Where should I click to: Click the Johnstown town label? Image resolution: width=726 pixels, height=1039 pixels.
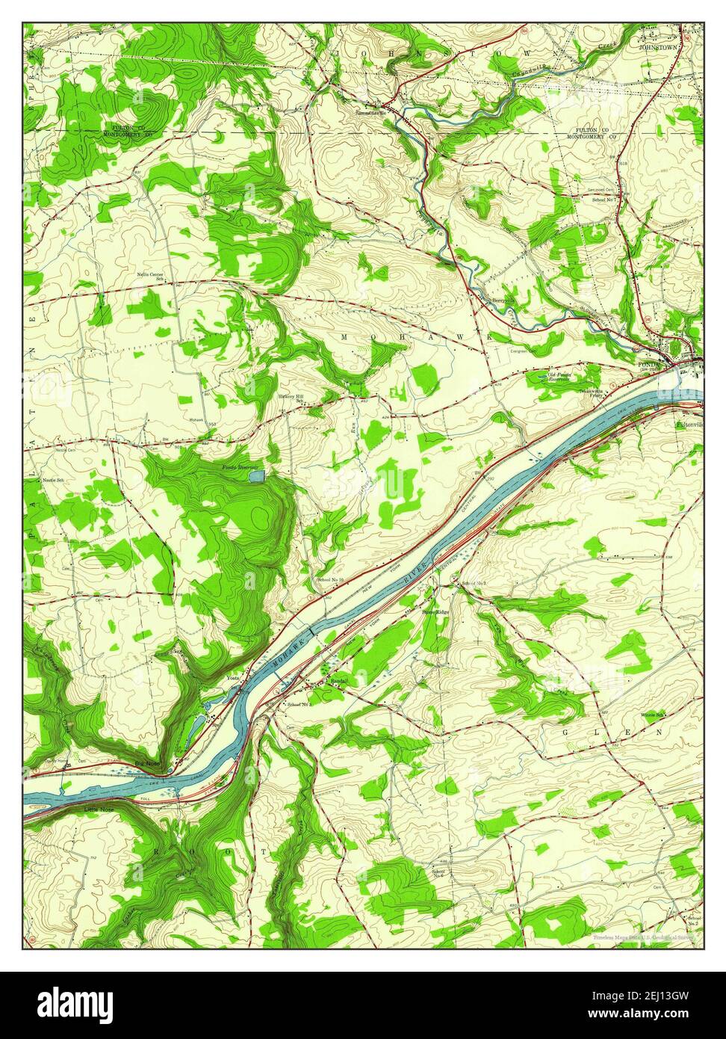pyautogui.click(x=660, y=46)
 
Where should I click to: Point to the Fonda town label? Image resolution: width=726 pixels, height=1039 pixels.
pyautogui.click(x=646, y=365)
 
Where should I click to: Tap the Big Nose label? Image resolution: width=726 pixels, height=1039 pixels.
pyautogui.click(x=147, y=763)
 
